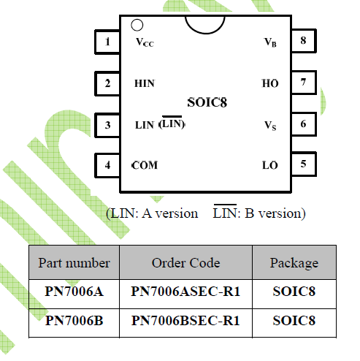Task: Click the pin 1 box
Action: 107,42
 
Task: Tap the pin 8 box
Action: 304,41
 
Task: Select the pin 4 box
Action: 107,165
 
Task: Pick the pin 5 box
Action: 304,164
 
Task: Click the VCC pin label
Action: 145,42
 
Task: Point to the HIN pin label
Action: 145,83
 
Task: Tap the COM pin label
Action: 145,165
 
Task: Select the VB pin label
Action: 270,42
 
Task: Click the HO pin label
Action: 270,83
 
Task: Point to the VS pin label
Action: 270,126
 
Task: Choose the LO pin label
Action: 270,165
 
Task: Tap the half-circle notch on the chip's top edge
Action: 205,32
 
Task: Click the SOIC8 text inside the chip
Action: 207,102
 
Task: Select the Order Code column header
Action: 186,263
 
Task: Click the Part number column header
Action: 74,263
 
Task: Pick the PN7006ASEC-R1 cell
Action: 186,292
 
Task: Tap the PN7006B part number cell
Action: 74,321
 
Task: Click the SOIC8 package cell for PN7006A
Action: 294,292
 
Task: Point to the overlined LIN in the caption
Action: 225,212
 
